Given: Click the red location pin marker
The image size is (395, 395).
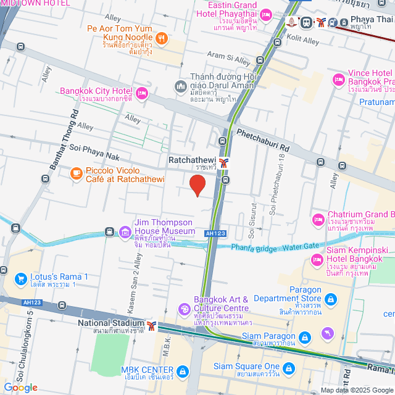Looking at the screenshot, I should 197,185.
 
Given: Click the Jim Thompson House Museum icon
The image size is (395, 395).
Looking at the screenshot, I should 125,232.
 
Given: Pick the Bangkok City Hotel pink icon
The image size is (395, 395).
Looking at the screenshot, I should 142,94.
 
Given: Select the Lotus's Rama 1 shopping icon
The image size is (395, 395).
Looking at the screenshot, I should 21,279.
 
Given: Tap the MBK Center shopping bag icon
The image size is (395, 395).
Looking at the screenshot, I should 182,372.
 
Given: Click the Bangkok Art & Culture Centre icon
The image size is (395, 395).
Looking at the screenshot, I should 184,309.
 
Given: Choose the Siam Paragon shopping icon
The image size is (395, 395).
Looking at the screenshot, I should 304,338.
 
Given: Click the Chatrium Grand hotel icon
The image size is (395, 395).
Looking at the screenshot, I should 318,219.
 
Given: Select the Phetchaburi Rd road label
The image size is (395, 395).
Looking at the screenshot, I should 263,139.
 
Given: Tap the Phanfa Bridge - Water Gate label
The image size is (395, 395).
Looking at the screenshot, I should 275,246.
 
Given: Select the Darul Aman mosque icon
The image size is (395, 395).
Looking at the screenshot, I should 181,85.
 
